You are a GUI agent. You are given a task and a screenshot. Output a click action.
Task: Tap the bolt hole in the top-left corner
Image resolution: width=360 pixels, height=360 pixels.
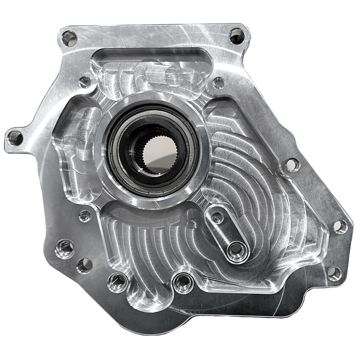(69, 38)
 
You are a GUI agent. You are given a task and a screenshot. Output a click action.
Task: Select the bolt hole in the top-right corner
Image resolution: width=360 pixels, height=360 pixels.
(237, 36)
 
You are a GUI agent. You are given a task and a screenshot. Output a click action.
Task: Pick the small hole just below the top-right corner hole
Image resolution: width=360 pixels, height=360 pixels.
(219, 82)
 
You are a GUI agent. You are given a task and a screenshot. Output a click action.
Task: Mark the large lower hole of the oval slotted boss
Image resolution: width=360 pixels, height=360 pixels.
(237, 250)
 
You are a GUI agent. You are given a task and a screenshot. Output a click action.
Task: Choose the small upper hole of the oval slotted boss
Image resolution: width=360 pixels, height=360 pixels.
(218, 218)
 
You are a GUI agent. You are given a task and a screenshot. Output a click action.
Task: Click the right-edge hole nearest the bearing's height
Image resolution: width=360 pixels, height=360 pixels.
(292, 165)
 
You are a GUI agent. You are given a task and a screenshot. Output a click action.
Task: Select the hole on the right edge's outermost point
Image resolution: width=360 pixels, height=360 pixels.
(340, 226)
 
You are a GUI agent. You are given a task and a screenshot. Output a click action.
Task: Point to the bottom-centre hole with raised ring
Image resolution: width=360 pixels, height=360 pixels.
(181, 281)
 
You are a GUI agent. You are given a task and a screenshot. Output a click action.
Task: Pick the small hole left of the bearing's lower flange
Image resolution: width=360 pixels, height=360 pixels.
(85, 216)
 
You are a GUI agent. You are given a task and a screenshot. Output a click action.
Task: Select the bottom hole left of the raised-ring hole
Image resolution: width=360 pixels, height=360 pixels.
(117, 281)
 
